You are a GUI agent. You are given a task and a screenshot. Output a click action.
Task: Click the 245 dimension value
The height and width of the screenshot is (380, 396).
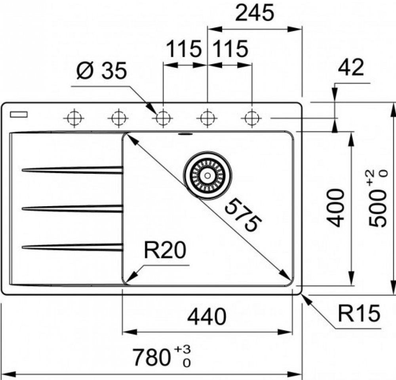point(255,14)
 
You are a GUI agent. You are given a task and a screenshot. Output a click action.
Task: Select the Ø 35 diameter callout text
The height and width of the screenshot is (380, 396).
point(101,72)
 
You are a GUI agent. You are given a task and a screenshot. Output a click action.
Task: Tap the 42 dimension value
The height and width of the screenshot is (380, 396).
point(351,68)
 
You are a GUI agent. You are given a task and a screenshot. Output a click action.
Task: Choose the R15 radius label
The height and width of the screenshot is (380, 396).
point(359,313)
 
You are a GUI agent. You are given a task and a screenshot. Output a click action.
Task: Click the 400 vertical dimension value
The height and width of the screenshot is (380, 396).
point(336,207)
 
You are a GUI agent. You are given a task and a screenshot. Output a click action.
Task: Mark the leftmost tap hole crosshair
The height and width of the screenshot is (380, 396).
point(73,118)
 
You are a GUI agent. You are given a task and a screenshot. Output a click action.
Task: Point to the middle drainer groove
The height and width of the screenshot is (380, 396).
point(72,208)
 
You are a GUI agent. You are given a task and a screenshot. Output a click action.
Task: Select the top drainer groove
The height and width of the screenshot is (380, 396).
point(72,170)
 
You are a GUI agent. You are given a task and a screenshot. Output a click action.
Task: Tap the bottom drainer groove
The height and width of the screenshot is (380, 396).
point(72,247)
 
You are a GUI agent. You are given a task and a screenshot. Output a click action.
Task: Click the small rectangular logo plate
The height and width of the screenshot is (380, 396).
point(19,114)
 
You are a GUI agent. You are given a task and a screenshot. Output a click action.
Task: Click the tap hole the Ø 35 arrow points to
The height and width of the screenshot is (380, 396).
point(162,118)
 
